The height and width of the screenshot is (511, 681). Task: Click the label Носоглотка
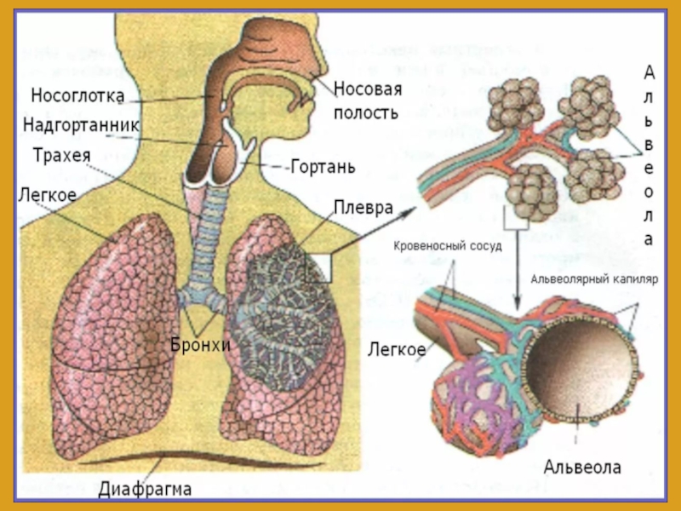tap(77, 94)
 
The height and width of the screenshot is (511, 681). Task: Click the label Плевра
tap(363, 208)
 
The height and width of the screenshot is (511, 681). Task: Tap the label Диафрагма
tap(145, 489)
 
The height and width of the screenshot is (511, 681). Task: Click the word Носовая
tap(368, 89)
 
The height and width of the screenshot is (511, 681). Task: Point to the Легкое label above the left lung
tap(46, 195)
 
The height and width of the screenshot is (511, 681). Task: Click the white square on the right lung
tap(319, 268)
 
